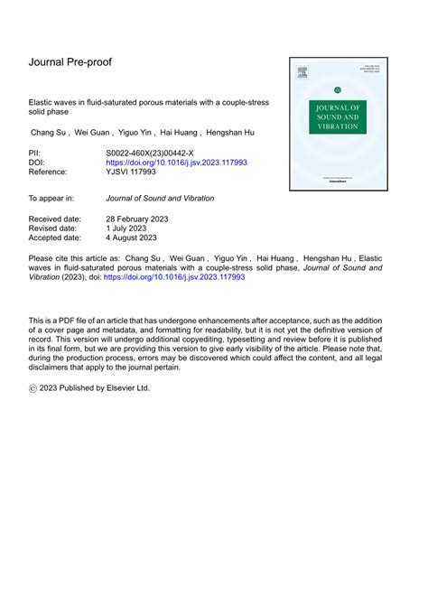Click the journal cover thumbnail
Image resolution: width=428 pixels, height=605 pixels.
pos(338,124)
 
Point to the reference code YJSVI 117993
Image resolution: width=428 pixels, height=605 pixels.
pos(133,172)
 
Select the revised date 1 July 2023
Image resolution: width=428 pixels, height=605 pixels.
pos(133,228)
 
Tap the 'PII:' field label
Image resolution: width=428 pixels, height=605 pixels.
pos(37,154)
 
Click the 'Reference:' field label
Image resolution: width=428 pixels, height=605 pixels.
pos(50,172)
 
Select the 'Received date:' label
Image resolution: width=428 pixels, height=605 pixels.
pos(55,219)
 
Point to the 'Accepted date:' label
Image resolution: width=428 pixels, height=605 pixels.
pos(55,238)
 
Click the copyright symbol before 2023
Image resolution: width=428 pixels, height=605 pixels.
pos(34,388)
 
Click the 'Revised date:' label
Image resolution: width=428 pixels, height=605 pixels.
pos(53,228)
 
